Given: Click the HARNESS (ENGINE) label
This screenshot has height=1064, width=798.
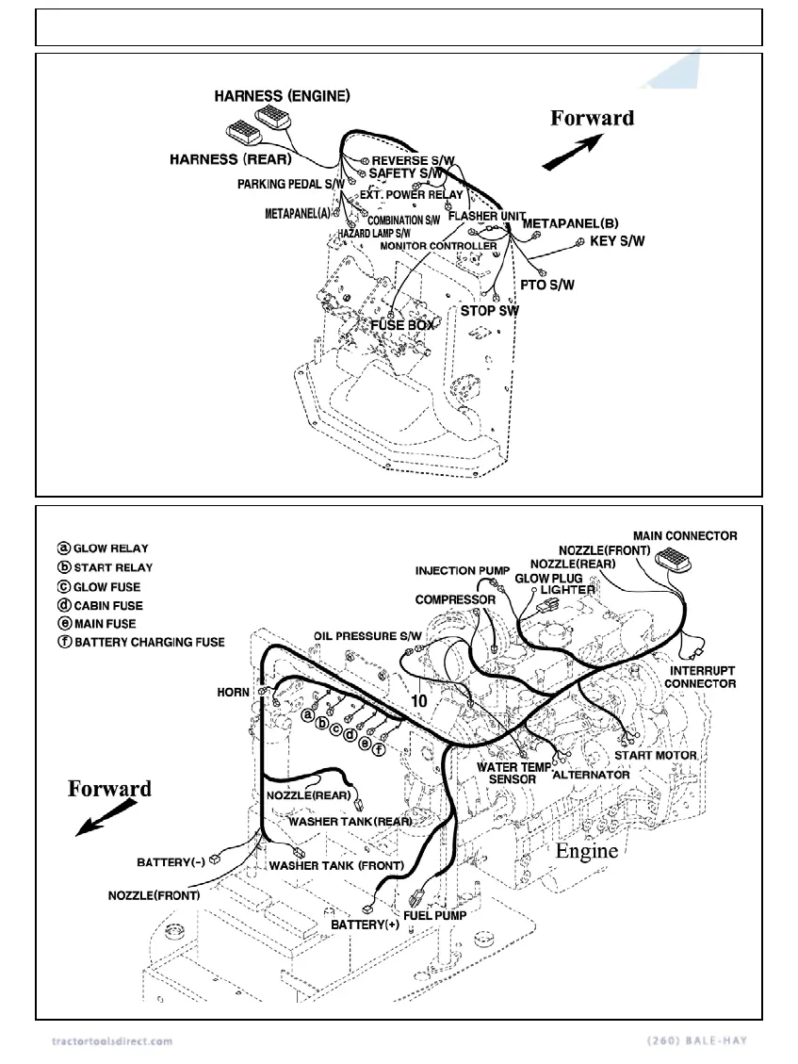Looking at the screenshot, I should pyautogui.click(x=283, y=96).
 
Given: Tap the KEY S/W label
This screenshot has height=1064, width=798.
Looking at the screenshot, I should pyautogui.click(x=617, y=241).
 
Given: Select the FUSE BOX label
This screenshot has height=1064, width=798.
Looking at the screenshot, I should pyautogui.click(x=403, y=325).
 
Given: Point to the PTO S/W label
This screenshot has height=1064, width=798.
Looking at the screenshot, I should pyautogui.click(x=547, y=284).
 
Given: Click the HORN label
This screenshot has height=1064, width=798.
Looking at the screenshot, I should pyautogui.click(x=233, y=692).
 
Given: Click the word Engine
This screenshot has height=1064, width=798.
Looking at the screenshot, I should pyautogui.click(x=586, y=851).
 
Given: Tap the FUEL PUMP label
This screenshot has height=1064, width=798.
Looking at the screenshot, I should pyautogui.click(x=434, y=914).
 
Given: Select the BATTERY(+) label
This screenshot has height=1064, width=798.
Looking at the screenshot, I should pyautogui.click(x=365, y=925).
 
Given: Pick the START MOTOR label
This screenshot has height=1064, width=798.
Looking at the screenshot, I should pyautogui.click(x=656, y=755).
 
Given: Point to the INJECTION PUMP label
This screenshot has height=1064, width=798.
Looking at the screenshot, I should pyautogui.click(x=463, y=571).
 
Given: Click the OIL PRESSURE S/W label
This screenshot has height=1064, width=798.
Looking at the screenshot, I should pyautogui.click(x=368, y=637).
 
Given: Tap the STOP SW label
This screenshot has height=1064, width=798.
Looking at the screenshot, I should pyautogui.click(x=489, y=310).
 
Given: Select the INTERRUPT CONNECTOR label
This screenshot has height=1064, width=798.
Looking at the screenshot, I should pyautogui.click(x=702, y=677).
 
